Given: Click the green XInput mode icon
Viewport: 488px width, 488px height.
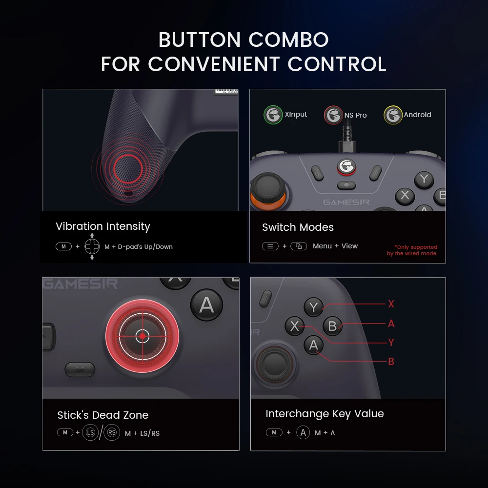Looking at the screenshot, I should point(273,115).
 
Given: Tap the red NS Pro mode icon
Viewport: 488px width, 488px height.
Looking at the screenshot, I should point(333,116).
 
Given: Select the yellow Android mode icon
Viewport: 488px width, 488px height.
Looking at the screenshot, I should point(393,115).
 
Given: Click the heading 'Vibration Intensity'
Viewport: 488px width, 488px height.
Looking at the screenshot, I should point(103,226).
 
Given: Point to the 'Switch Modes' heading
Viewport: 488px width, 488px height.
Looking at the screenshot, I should point(298,227).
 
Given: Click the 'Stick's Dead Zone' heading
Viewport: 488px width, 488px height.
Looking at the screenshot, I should point(103,415).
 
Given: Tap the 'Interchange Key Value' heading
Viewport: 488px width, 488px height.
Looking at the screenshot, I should point(325,414).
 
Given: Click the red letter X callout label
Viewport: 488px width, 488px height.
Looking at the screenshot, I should point(391,304).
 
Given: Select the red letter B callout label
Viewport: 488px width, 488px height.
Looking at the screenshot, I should point(391,362).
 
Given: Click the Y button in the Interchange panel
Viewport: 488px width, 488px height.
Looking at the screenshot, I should point(313,307).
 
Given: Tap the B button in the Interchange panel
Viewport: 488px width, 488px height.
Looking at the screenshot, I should point(333,326).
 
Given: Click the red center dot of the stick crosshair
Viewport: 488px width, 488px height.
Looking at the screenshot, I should point(142,336).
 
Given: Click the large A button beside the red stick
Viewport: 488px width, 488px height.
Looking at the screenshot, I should point(206,305).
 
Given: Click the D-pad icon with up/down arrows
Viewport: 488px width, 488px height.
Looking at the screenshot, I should point(92,246).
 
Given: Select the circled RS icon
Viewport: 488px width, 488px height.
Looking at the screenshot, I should point(112,432).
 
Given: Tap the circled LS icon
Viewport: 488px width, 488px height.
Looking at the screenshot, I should point(90,432).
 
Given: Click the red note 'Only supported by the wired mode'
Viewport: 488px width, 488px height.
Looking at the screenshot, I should point(412,250).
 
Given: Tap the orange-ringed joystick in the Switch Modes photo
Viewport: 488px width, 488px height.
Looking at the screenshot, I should point(267,191).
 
